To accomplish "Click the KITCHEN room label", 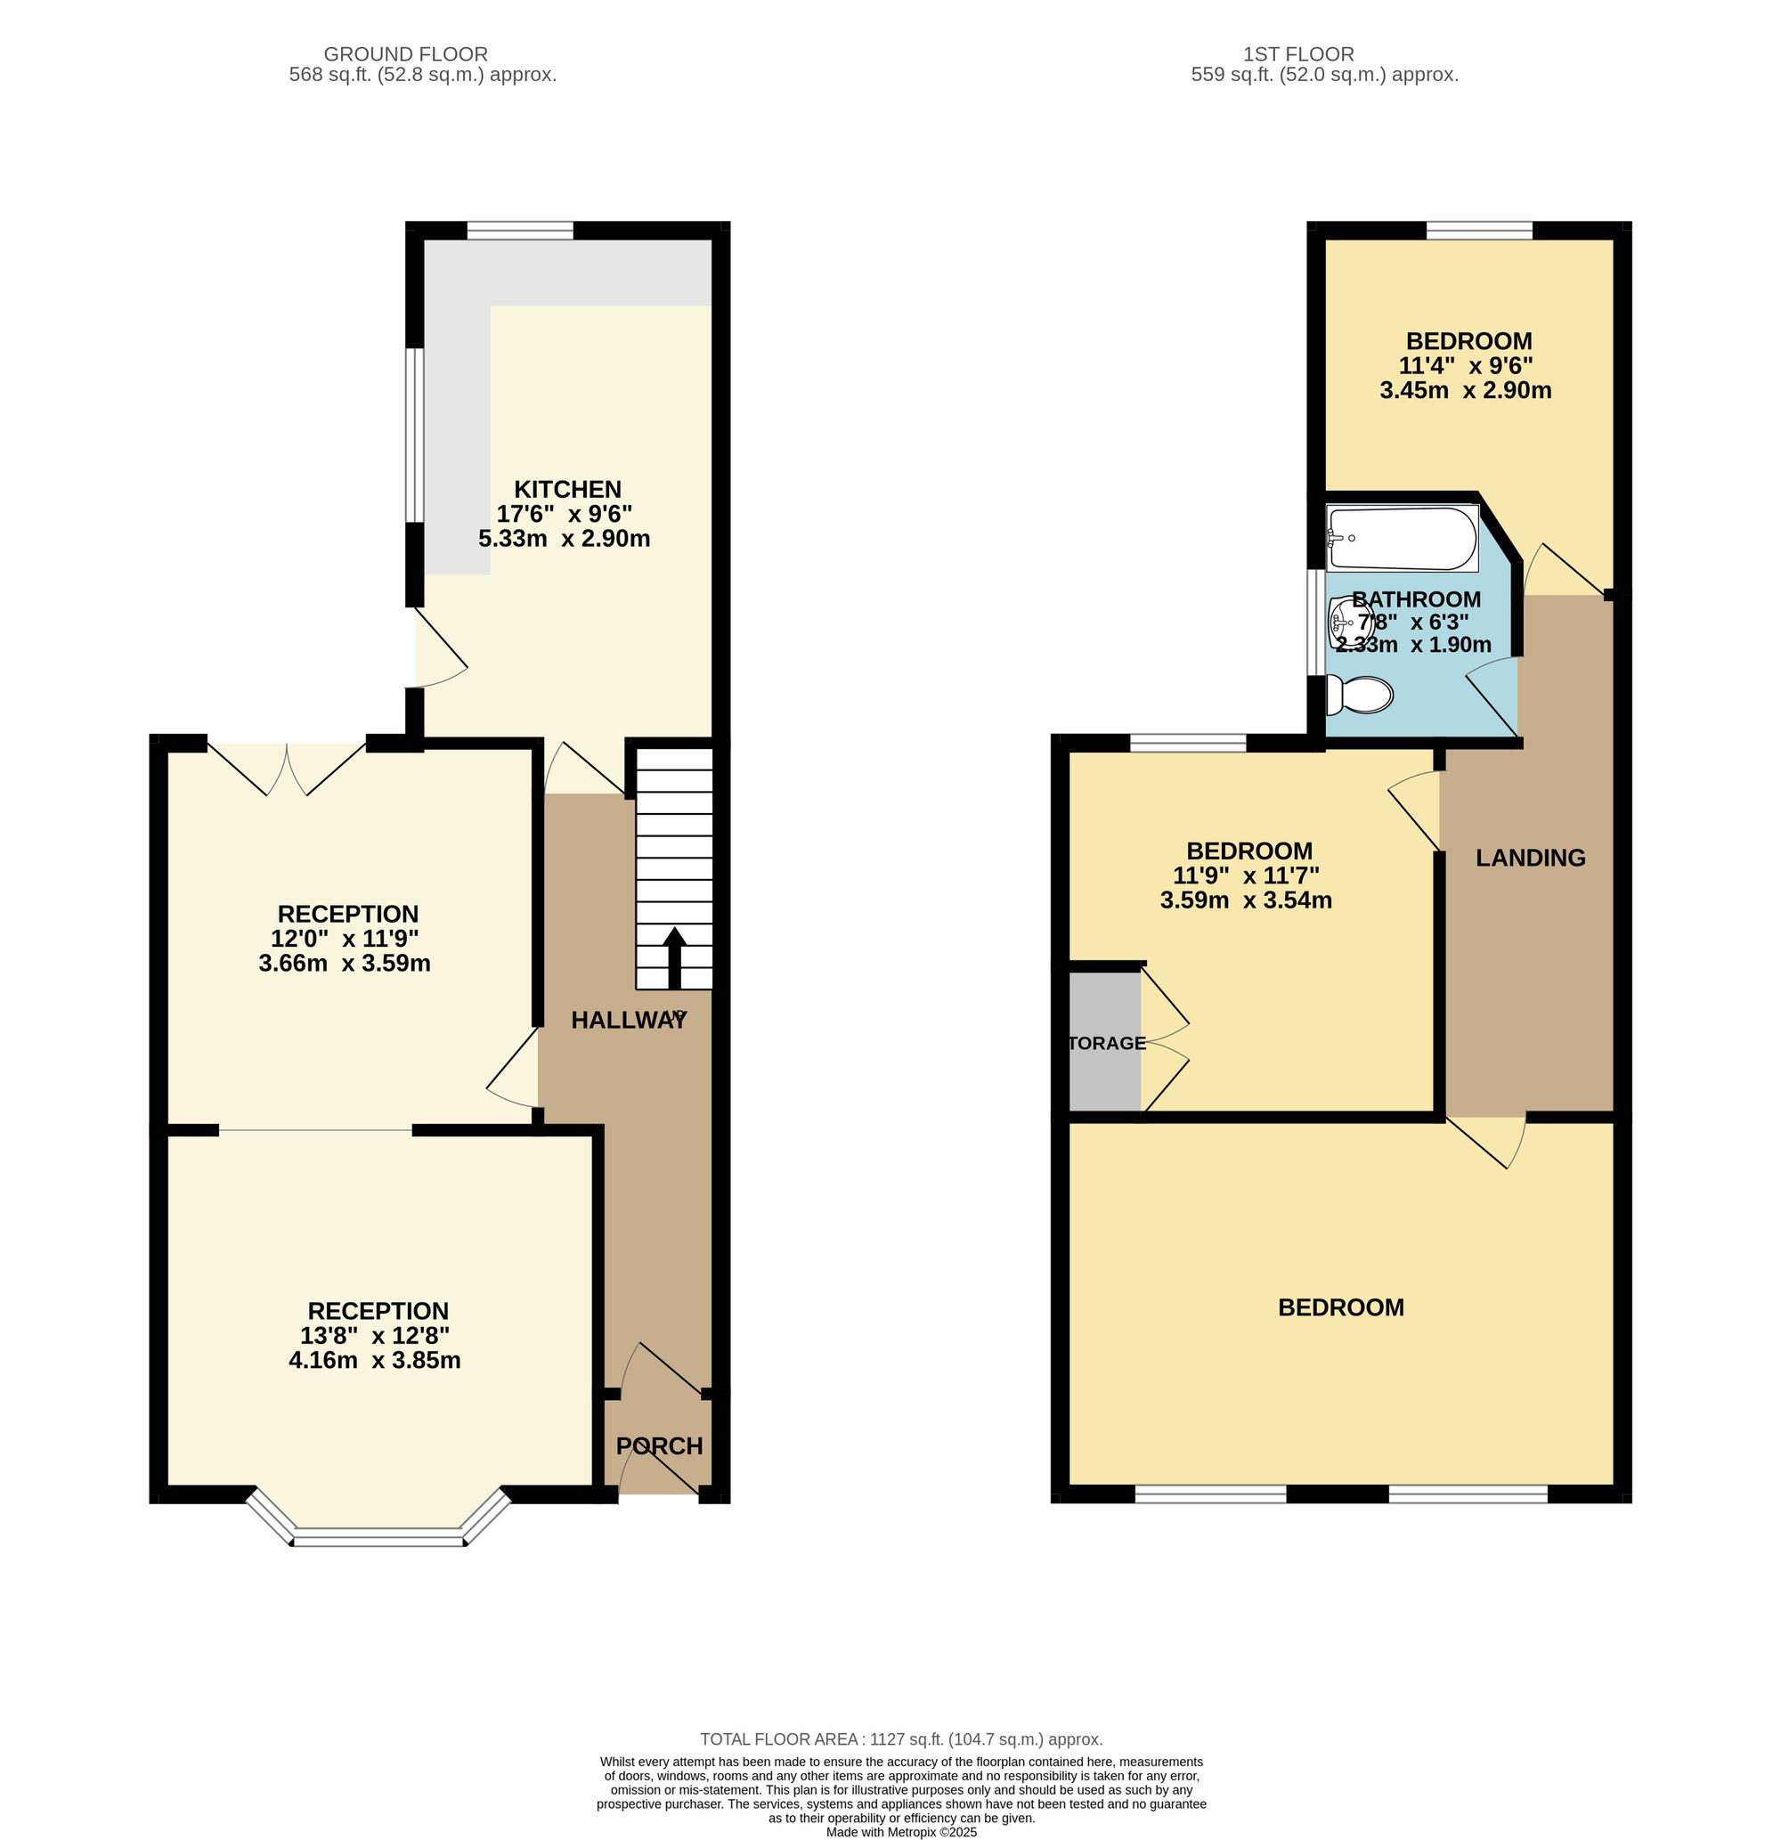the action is pyautogui.click(x=567, y=489).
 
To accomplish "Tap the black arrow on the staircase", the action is pyautogui.click(x=674, y=957).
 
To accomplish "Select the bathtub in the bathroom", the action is pyautogui.click(x=1403, y=539).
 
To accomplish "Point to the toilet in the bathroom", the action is pyautogui.click(x=1359, y=696).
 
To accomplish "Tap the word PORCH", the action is pyautogui.click(x=659, y=1445).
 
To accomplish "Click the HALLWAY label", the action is pyautogui.click(x=629, y=1021).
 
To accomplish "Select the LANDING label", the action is pyautogui.click(x=1531, y=857).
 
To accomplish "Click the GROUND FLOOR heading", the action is pyautogui.click(x=405, y=54).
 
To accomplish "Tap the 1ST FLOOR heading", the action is pyautogui.click(x=1298, y=54).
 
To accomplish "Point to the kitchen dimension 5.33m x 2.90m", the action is pyautogui.click(x=565, y=539).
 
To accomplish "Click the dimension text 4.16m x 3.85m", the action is pyautogui.click(x=375, y=1360).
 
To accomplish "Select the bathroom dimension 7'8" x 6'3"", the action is pyautogui.click(x=1413, y=623).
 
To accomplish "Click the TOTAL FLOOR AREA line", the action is pyautogui.click(x=901, y=1739).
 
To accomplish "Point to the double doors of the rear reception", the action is pyautogui.click(x=287, y=769).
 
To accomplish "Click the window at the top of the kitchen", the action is pyautogui.click(x=520, y=231).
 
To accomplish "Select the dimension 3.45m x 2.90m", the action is pyautogui.click(x=1466, y=390).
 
